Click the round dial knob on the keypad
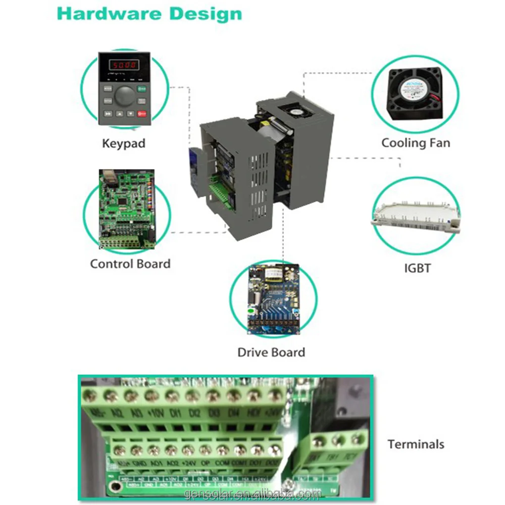click(x=125, y=94)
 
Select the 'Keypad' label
click(x=124, y=143)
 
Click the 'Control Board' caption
click(x=130, y=264)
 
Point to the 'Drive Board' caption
click(x=271, y=352)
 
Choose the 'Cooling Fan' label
click(x=416, y=143)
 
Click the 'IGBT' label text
click(x=417, y=268)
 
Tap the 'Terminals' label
click(x=416, y=444)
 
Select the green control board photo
click(x=127, y=210)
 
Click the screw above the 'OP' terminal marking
click(x=205, y=449)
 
